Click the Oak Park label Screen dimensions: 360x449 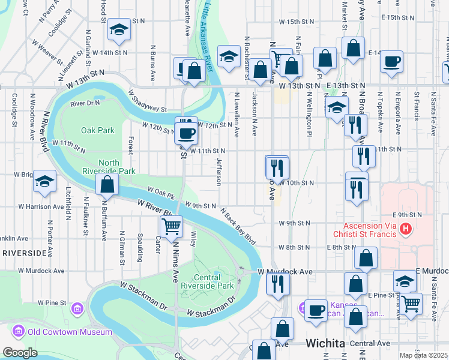[x=97, y=130]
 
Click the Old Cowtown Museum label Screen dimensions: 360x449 [x=70, y=332]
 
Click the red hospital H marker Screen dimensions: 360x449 [x=406, y=229]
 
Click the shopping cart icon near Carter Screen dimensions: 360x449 [x=171, y=227]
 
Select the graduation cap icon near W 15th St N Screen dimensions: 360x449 [x=119, y=29]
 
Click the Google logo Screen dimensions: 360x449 [x=20, y=353]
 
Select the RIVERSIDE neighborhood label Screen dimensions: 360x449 [x=24, y=253]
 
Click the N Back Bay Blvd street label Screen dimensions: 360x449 [x=238, y=226]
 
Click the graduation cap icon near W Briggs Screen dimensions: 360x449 [x=44, y=182]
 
